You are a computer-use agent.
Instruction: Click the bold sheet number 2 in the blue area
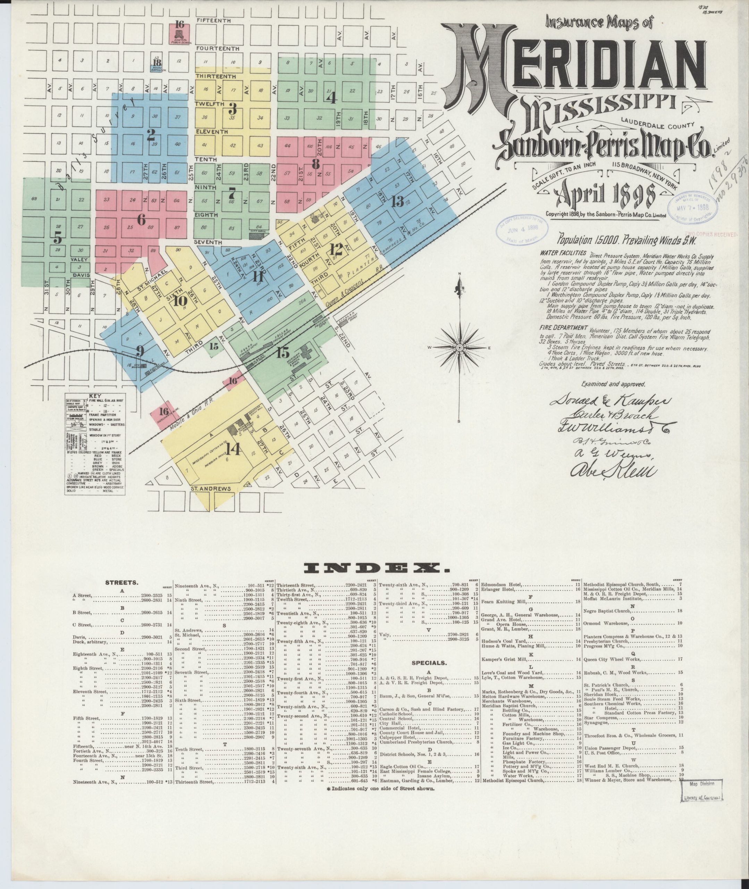click(x=150, y=135)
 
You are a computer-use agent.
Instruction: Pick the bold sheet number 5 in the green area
click(x=57, y=238)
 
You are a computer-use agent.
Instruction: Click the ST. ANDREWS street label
click(x=211, y=489)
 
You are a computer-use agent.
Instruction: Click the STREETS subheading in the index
click(x=121, y=583)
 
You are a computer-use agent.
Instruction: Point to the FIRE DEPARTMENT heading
click(x=563, y=328)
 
